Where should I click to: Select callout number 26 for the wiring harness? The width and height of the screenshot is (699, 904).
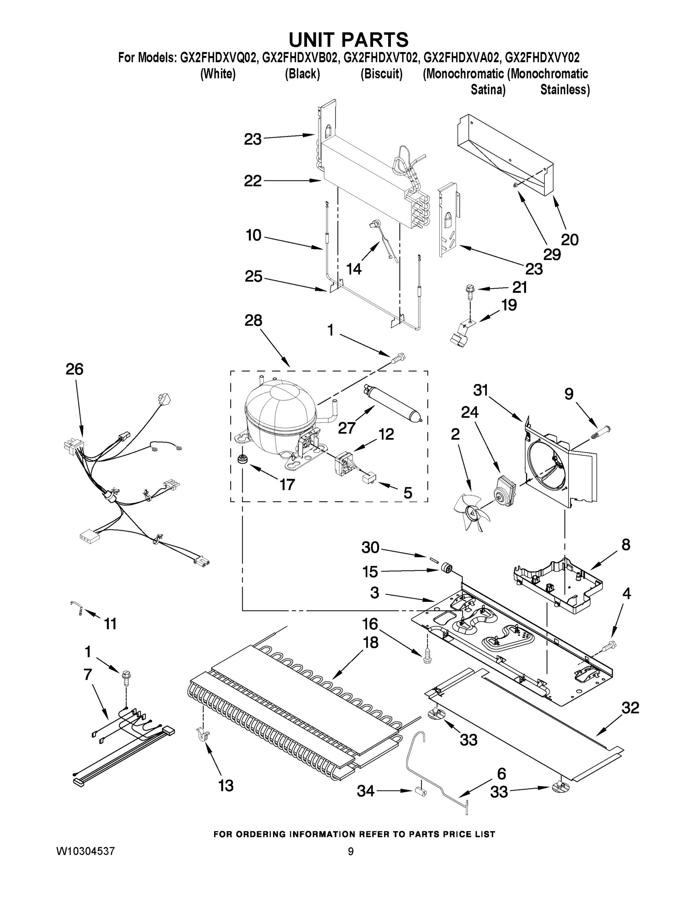click(75, 369)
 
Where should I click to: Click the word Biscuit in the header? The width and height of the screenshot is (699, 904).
click(381, 74)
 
